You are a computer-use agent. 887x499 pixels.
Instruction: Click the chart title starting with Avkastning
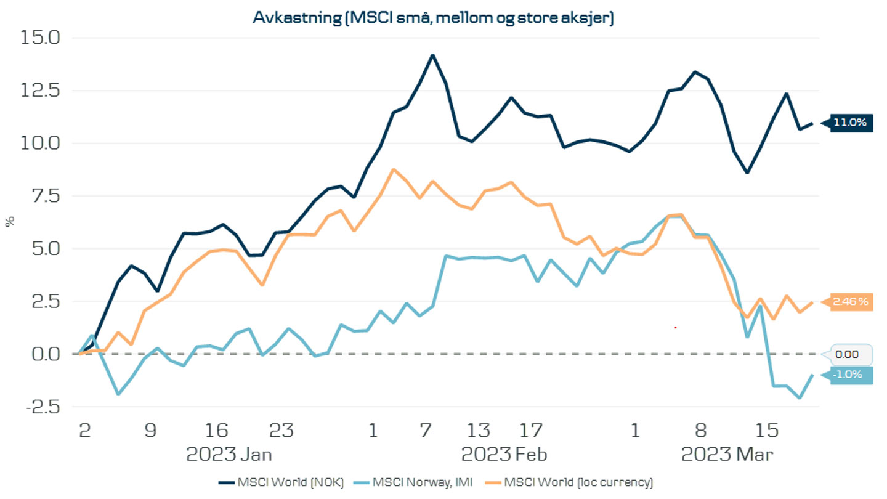pos(433,18)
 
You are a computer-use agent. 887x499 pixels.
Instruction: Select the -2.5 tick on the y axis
pos(41,407)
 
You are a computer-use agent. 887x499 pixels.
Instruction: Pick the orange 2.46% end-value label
pos(850,302)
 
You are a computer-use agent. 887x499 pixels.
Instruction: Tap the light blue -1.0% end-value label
pos(850,375)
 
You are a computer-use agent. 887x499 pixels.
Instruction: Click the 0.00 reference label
pos(851,354)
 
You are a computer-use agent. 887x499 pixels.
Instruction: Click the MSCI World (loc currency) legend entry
pos(577,482)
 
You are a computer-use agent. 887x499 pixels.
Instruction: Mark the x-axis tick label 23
pos(282,430)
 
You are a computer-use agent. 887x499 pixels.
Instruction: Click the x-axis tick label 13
pos(479,430)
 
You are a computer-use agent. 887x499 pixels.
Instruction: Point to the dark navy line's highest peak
pos(432,55)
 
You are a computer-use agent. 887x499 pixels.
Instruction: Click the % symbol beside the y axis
pos(10,222)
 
